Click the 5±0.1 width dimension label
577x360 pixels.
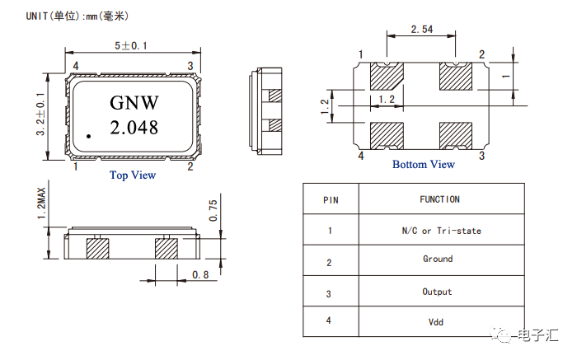(131, 46)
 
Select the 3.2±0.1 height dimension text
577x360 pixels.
(40, 115)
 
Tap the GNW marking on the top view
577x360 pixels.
(134, 103)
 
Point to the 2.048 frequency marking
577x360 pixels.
(134, 128)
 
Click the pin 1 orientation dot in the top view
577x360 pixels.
(89, 137)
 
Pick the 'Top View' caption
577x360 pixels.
(133, 175)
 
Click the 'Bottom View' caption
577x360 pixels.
(424, 165)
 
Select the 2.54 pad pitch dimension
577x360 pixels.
(422, 29)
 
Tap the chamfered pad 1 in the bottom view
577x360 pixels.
(387, 76)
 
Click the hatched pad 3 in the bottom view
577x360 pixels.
(456, 136)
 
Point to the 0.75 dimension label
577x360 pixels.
(213, 210)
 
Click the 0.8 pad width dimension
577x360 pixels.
(200, 274)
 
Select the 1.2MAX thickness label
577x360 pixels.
(41, 203)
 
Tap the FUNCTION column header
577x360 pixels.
(439, 199)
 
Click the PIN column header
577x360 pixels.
(331, 200)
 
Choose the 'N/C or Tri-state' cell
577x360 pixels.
(442, 231)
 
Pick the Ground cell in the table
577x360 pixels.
(438, 259)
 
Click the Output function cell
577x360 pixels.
(437, 292)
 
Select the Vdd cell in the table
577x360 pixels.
(436, 322)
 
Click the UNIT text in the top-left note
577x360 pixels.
(37, 16)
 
